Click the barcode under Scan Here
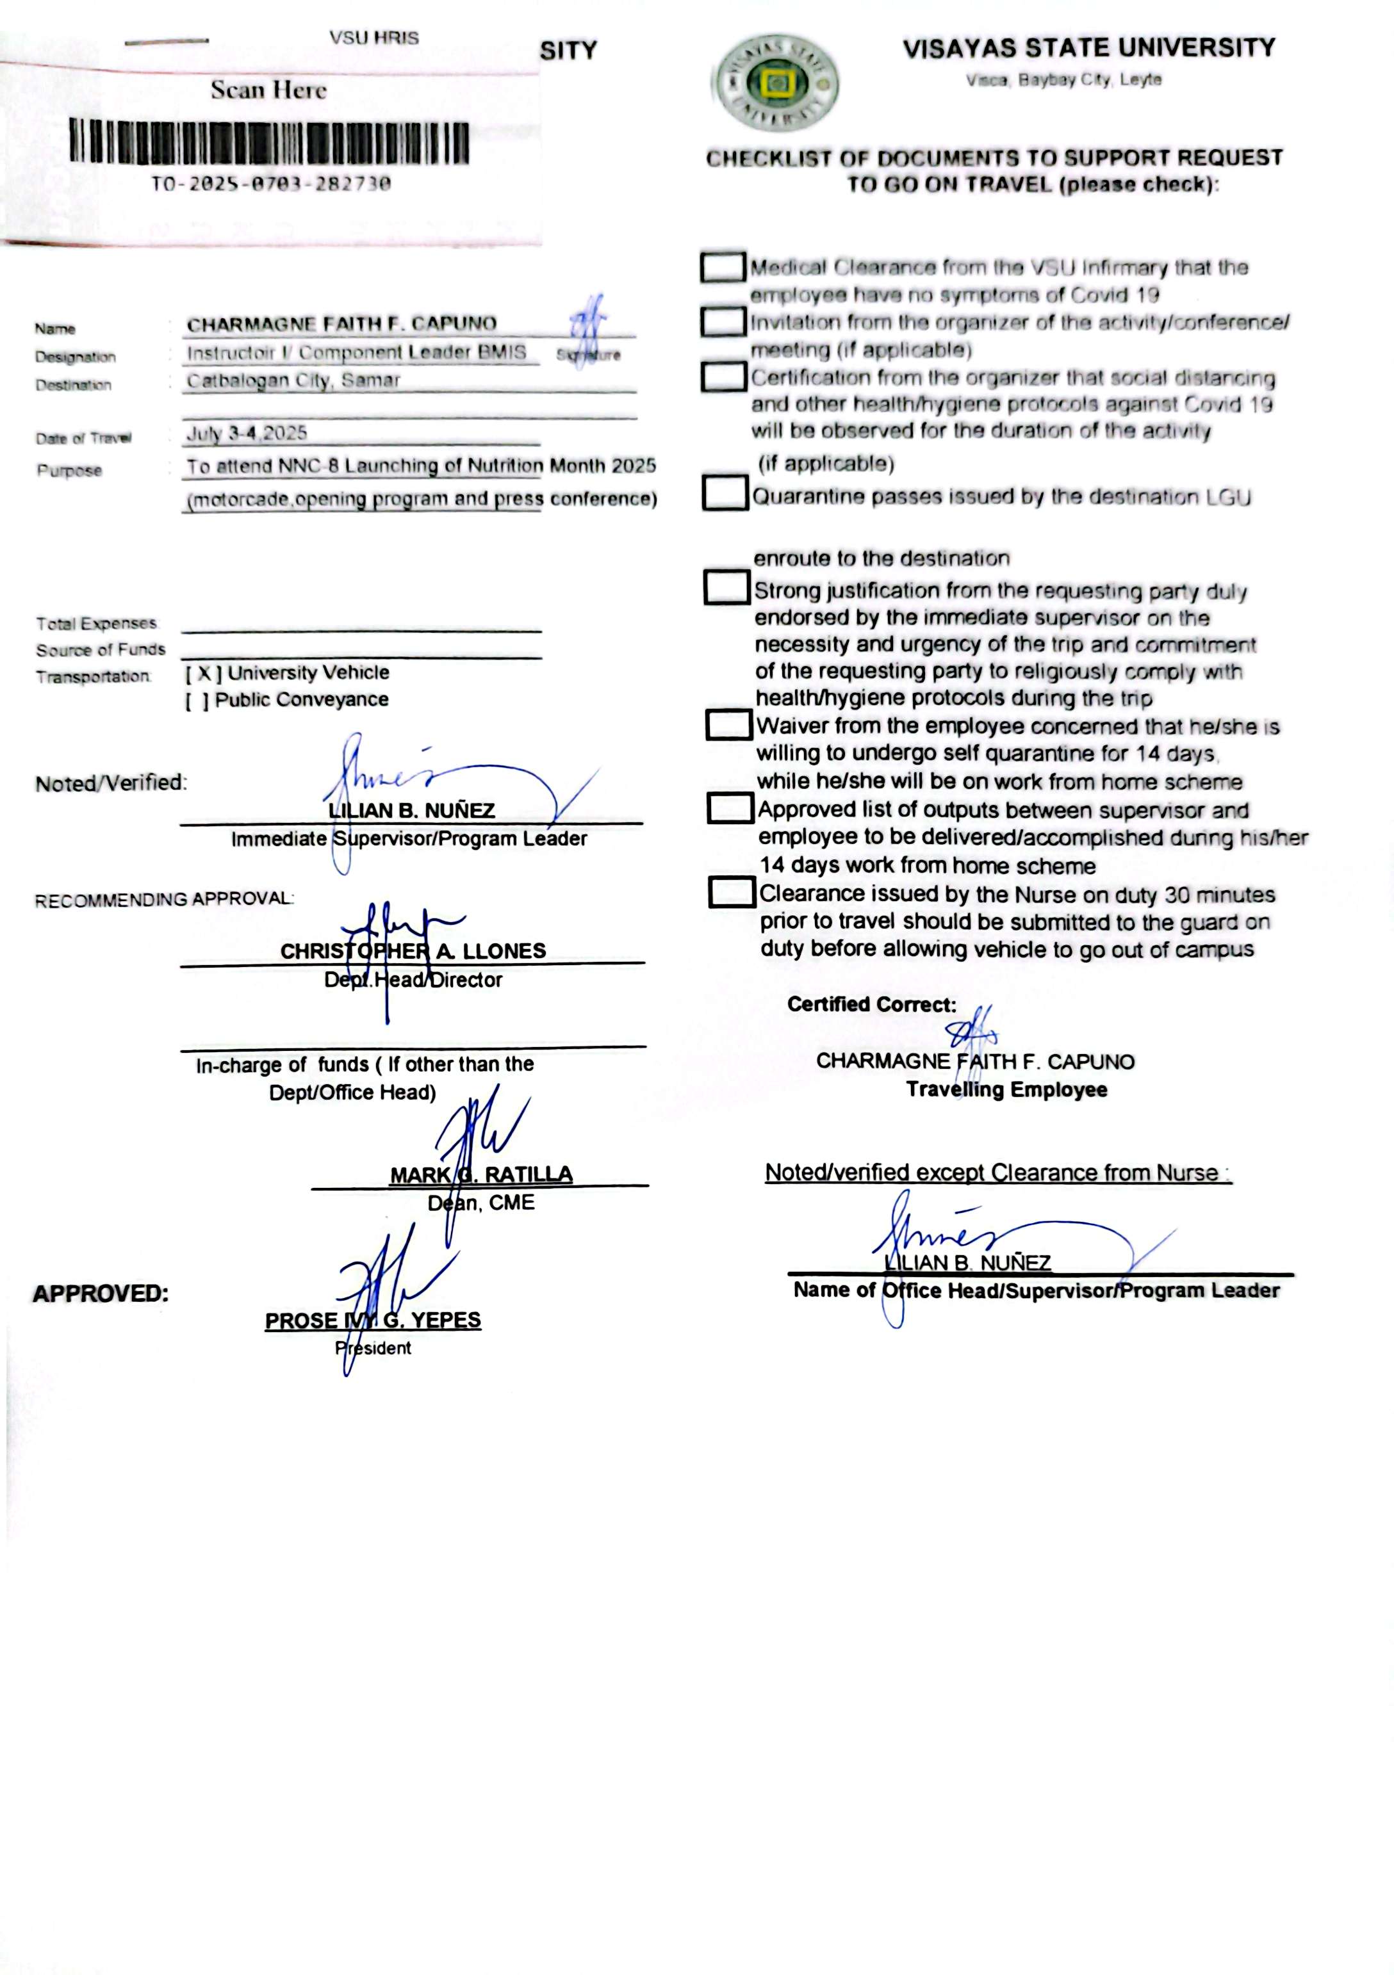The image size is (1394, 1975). [269, 143]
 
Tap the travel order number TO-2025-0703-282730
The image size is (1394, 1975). [271, 183]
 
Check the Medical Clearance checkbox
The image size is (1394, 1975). [722, 268]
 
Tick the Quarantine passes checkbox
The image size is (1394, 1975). [725, 493]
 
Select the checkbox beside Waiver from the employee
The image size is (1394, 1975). [728, 724]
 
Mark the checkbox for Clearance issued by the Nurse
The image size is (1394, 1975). [732, 892]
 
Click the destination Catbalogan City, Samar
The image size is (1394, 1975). [293, 380]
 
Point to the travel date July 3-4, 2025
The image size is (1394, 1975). [247, 433]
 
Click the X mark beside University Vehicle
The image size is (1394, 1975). [204, 672]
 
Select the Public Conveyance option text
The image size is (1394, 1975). [301, 699]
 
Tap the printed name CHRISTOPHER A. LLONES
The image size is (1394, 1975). [413, 950]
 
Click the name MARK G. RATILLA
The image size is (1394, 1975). [481, 1174]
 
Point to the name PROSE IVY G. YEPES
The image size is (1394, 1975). [373, 1321]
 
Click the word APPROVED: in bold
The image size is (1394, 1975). [101, 1294]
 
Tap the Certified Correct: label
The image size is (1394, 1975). [871, 1004]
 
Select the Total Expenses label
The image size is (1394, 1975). [96, 622]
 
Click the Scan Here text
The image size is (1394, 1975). [268, 90]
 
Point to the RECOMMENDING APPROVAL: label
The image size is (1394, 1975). [163, 900]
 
